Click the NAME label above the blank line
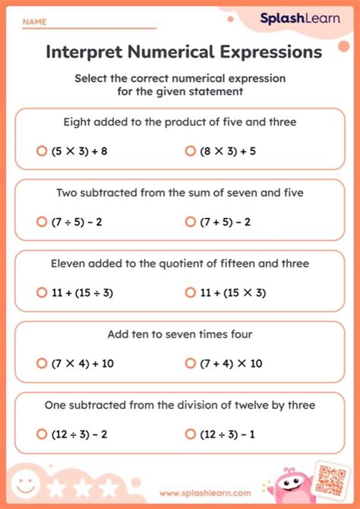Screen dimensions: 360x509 pyautogui.click(x=34, y=23)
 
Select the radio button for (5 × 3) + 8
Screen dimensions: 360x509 pyautogui.click(x=42, y=151)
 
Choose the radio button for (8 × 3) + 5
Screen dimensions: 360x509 pyautogui.click(x=190, y=151)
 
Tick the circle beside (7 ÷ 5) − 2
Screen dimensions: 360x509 pyautogui.click(x=42, y=222)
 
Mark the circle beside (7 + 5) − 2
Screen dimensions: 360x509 pyautogui.click(x=190, y=222)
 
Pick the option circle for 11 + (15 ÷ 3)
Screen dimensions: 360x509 pyautogui.click(x=42, y=292)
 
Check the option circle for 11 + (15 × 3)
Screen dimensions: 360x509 pyautogui.click(x=190, y=292)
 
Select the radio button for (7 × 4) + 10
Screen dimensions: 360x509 pyautogui.click(x=42, y=363)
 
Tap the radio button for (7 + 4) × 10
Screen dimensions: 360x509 pyautogui.click(x=190, y=363)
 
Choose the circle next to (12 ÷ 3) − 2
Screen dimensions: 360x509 pyautogui.click(x=42, y=434)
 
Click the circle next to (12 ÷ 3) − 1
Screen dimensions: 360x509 pyautogui.click(x=190, y=434)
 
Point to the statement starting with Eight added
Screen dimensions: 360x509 pyautogui.click(x=180, y=122)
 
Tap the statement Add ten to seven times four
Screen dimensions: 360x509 pyautogui.click(x=180, y=334)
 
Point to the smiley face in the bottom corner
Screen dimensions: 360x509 pyautogui.click(x=26, y=485)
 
